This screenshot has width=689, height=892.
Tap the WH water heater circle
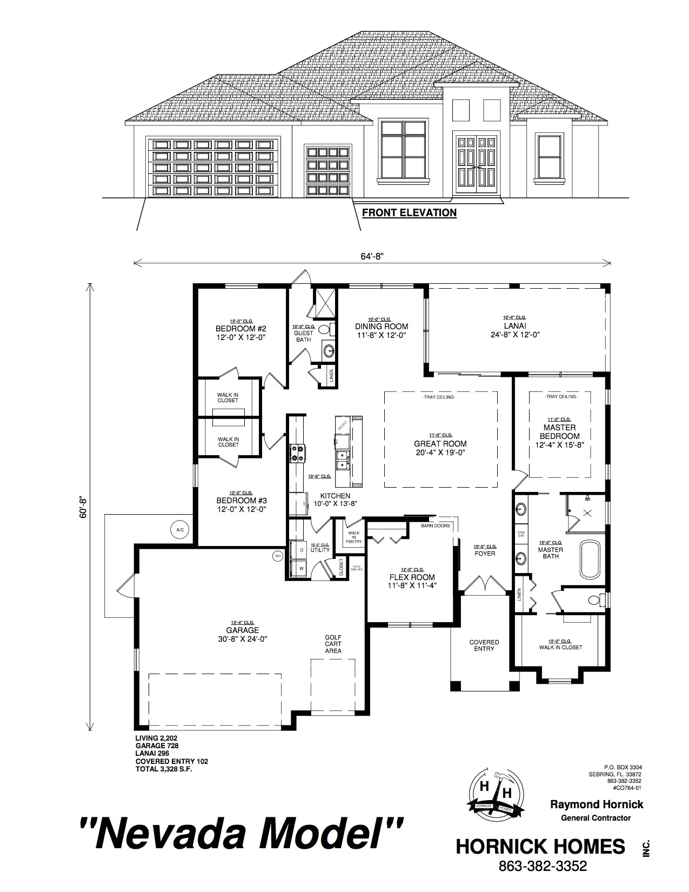(x=278, y=555)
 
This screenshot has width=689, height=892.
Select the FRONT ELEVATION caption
(x=409, y=212)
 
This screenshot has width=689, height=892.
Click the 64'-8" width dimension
(x=372, y=257)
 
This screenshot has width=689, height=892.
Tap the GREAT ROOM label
(x=440, y=444)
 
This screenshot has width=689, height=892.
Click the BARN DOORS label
(x=436, y=525)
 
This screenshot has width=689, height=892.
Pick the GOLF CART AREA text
(x=333, y=644)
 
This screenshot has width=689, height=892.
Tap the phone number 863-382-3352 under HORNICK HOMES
(x=542, y=866)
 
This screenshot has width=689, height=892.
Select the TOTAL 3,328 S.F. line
(x=163, y=769)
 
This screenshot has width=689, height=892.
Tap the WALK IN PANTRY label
(x=354, y=537)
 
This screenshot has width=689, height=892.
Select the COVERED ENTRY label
(x=484, y=645)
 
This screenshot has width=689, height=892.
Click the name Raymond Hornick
(x=597, y=804)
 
